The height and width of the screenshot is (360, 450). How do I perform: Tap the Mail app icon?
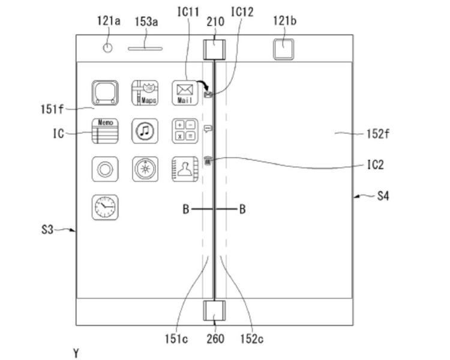[185, 93]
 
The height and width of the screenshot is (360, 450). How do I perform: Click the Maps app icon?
[145, 93]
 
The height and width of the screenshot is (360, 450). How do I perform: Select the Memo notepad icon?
[105, 131]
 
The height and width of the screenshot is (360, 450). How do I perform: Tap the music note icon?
[145, 131]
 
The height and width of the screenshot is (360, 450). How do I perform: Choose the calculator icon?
[185, 131]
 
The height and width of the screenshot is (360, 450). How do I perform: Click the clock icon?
[105, 207]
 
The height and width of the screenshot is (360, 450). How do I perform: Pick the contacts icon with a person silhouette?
[185, 169]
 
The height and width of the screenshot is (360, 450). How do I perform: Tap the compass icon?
[145, 169]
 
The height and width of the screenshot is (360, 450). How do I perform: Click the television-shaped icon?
[105, 93]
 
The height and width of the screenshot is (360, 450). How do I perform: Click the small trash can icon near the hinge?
[208, 160]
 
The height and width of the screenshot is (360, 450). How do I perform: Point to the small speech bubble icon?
[208, 128]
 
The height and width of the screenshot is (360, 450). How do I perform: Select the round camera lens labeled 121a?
[107, 47]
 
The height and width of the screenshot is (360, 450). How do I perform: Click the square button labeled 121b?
[284, 49]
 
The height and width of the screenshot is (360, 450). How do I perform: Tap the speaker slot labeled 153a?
[145, 49]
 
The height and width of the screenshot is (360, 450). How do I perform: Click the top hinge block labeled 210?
[214, 49]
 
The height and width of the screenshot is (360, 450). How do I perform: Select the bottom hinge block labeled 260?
[214, 311]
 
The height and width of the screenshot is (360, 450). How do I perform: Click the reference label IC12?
[242, 12]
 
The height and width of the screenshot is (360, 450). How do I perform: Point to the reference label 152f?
[378, 134]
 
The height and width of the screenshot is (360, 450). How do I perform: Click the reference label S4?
[383, 196]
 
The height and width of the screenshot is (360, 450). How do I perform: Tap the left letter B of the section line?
[186, 209]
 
